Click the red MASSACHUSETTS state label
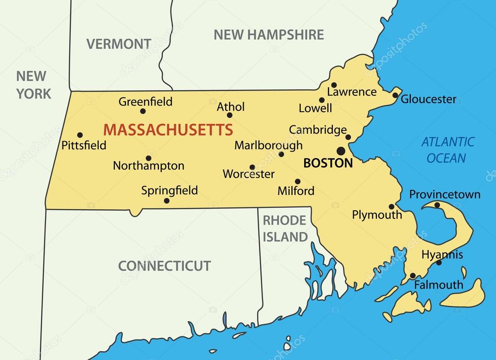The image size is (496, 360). pos(168,130)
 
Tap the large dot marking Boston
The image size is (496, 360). pos(341,150)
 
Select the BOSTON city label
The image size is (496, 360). pos(328,163)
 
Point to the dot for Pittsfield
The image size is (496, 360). pos(80,135)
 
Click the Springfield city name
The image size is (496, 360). pos(170,190)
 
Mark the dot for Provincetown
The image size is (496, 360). pos(437,205)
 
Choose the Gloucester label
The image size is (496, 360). pos(429,99)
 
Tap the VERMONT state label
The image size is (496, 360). pos(119,44)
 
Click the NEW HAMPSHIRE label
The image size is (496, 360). pos(269,34)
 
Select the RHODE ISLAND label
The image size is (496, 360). pos(285,229)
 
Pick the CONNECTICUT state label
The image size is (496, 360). pos(165,266)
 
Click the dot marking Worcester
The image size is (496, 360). pos(252,167)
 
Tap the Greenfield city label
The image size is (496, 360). pos(145,102)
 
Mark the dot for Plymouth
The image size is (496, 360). pos(391,206)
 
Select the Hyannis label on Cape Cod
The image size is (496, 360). pos(442,254)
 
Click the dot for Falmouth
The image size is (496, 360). pos(413,276)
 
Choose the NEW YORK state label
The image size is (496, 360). pos(33,84)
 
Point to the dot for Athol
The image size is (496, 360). pos(230,115)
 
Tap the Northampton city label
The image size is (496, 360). pos(149,166)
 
